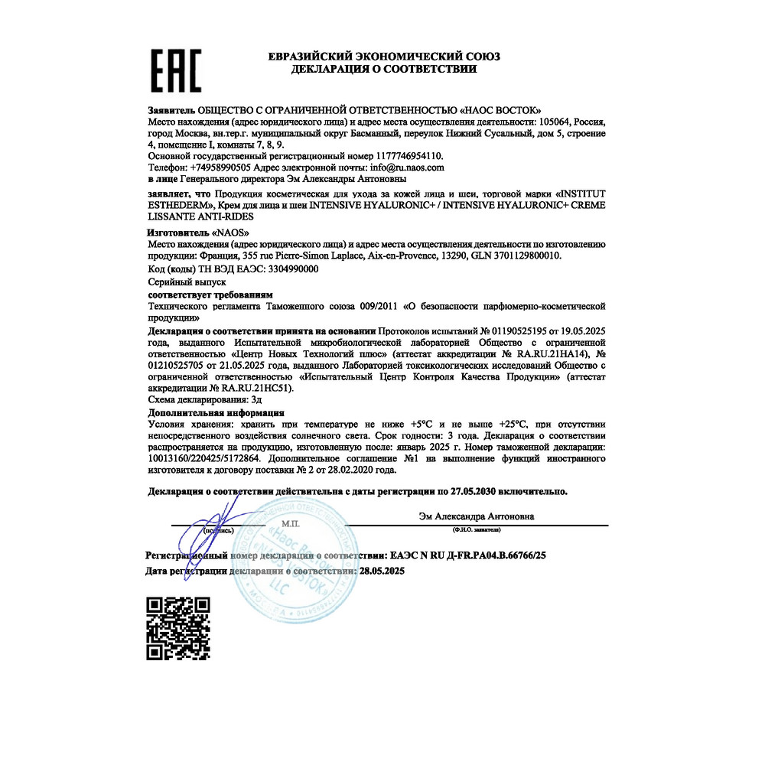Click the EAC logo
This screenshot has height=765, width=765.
coord(175,70)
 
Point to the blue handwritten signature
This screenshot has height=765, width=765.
coord(222,516)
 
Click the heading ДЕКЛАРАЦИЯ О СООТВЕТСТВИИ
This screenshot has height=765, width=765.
coord(384,69)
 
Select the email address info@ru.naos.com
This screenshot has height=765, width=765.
coord(406,166)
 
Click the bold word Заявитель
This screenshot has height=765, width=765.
coord(171,110)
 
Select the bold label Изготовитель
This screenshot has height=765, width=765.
coord(177,230)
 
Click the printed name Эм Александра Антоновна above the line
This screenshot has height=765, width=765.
coord(477,516)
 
